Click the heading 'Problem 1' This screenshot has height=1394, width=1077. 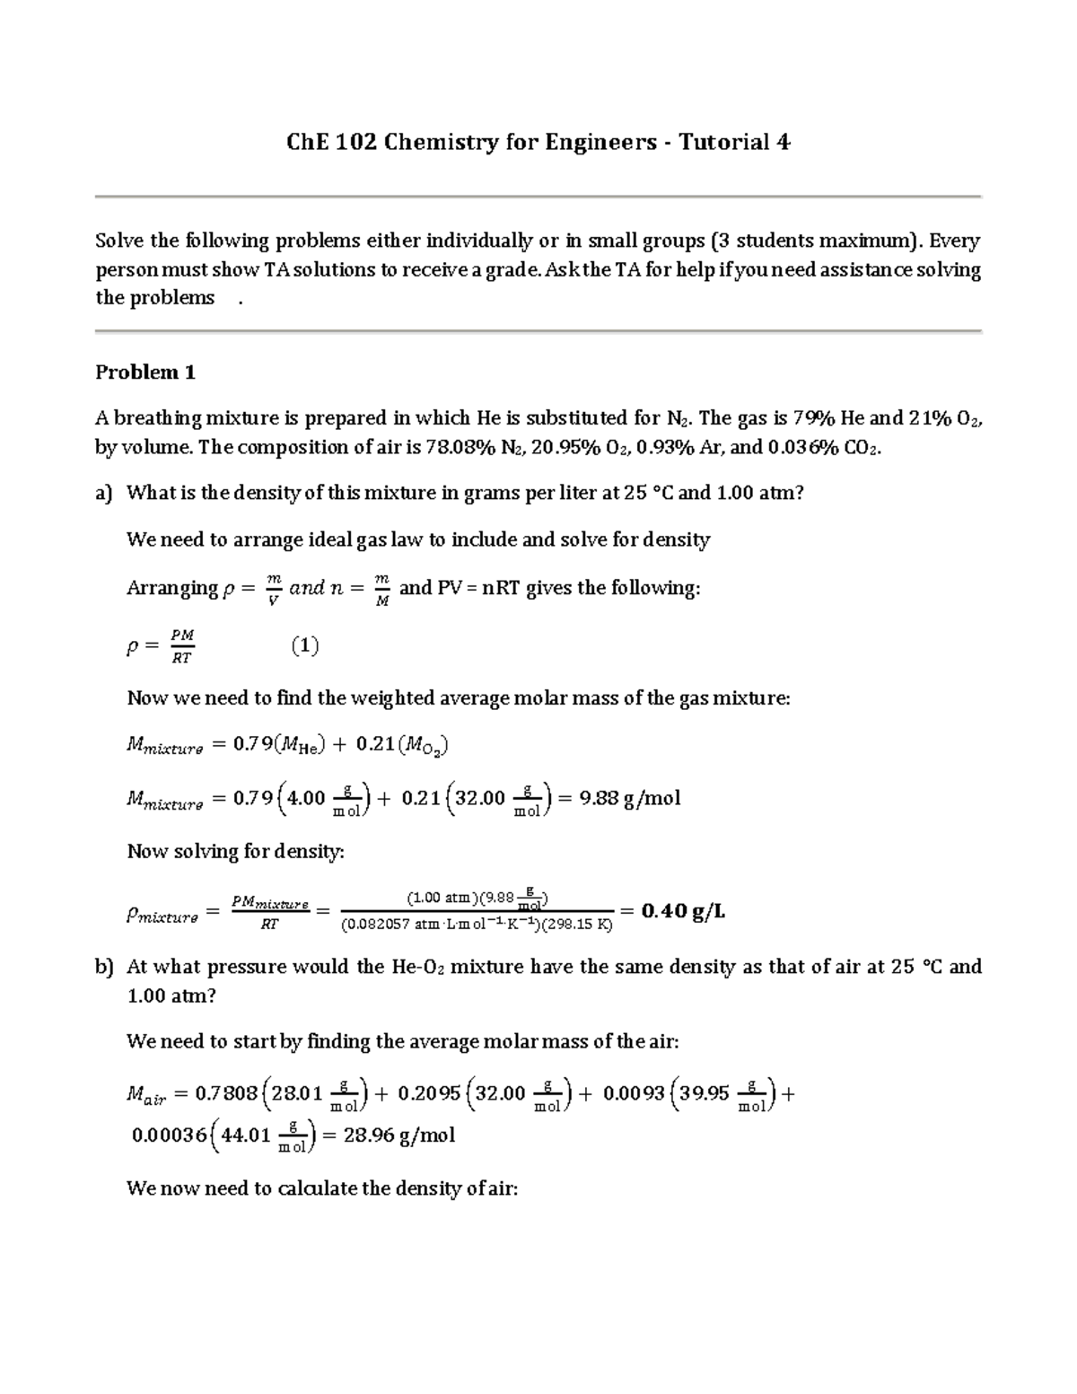pos(145,373)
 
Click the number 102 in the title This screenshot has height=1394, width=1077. pos(356,143)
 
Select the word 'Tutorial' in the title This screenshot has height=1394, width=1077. pos(723,143)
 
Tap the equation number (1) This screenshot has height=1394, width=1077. pos(305,646)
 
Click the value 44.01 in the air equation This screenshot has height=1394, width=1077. pos(246,1135)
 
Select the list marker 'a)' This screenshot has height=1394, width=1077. pos(104,493)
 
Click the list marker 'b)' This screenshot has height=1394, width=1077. pos(105,967)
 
